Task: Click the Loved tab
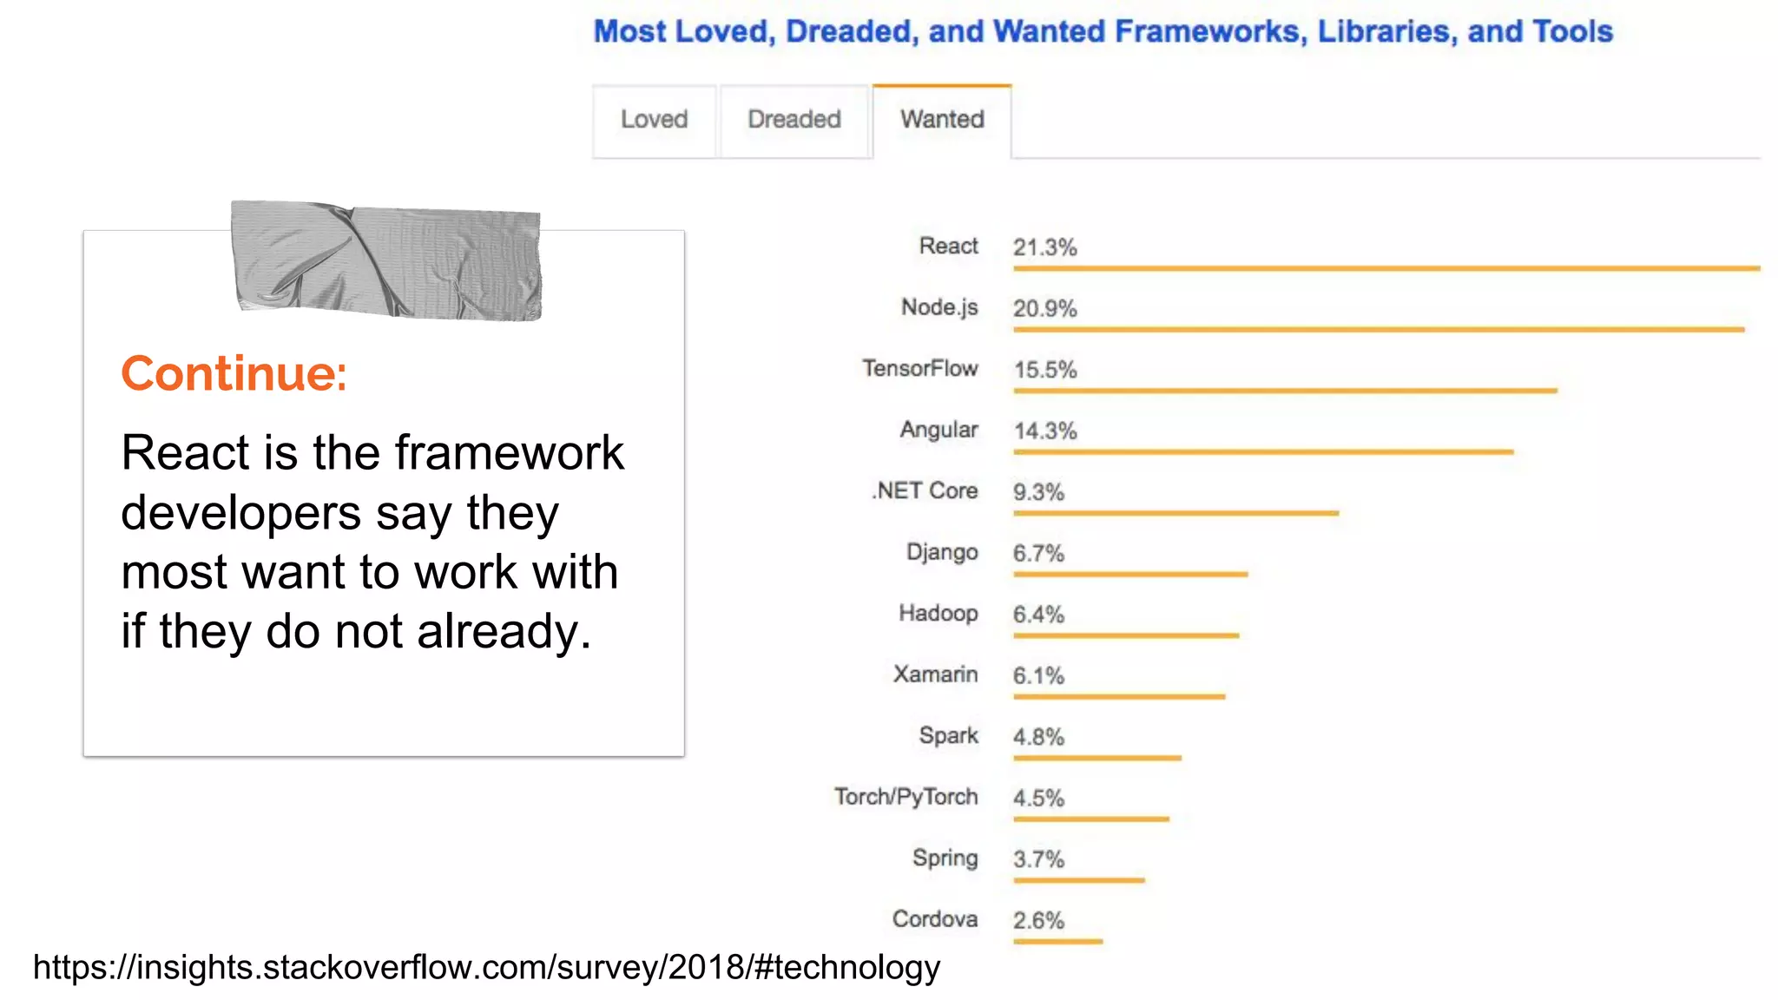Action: click(654, 120)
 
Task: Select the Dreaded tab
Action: click(794, 120)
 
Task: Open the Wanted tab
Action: click(942, 120)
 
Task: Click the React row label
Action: click(948, 247)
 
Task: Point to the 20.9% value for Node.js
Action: click(1044, 309)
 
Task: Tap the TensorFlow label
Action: click(919, 369)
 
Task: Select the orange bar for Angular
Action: click(1263, 452)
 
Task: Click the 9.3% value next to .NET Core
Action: click(1038, 493)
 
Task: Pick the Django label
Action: click(942, 553)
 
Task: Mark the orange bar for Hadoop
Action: click(1126, 636)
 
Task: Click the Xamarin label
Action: click(935, 674)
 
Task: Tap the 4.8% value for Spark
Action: click(1038, 737)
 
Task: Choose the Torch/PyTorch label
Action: click(905, 797)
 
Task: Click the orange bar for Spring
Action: click(1079, 880)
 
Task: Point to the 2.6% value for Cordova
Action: click(1038, 921)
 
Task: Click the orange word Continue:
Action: click(234, 374)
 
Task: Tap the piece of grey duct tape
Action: click(386, 260)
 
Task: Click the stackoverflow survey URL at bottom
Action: click(486, 967)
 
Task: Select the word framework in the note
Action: click(510, 453)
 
